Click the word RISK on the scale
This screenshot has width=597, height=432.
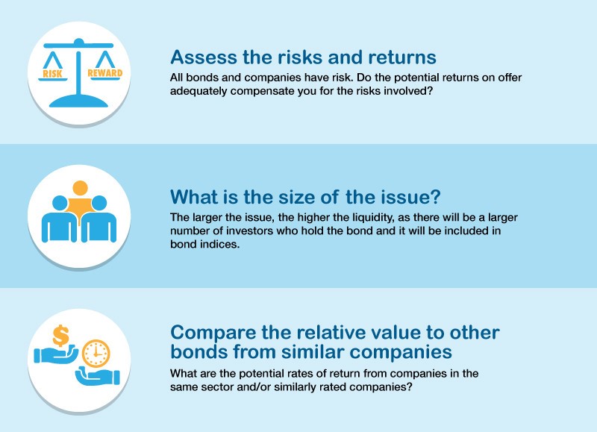pos(52,73)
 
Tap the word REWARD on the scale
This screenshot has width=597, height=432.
pos(105,72)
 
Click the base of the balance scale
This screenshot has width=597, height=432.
pos(79,101)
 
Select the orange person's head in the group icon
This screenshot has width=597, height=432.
pos(80,188)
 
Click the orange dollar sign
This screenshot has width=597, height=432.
pos(61,335)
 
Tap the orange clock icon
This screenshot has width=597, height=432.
pos(96,354)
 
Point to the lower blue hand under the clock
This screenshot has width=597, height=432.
pos(98,376)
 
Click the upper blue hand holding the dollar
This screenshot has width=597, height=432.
pos(56,354)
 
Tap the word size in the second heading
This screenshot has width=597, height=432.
pos(296,197)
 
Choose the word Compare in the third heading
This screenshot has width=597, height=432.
pos(213,333)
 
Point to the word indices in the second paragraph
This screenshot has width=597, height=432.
pos(222,245)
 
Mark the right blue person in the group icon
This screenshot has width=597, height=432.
pos(99,219)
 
